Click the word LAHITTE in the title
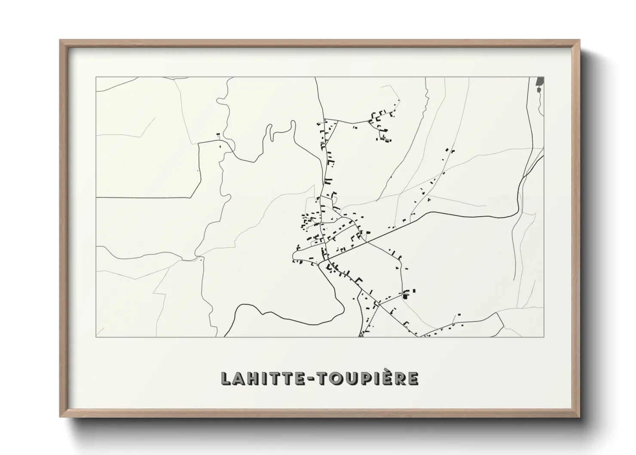(265, 378)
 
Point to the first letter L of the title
(226, 378)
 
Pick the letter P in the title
(367, 378)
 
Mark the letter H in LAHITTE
(252, 378)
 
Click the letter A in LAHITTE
(238, 378)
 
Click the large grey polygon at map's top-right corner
(540, 81)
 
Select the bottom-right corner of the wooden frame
(580, 417)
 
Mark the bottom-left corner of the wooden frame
(61, 417)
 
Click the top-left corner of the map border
(96, 77)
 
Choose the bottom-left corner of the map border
(96, 337)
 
